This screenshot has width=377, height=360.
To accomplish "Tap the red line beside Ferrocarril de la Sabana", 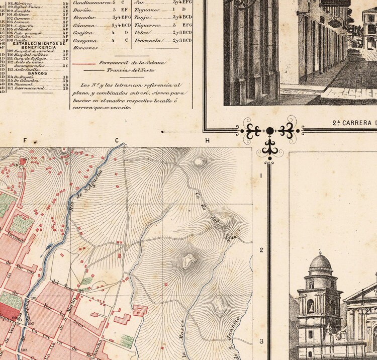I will pyautogui.click(x=83, y=64).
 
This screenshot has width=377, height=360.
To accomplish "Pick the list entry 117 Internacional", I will pyautogui.click(x=31, y=89).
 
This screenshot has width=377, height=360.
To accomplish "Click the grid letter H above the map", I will pyautogui.click(x=207, y=141).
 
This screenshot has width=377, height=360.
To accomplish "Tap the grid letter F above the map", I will pyautogui.click(x=24, y=141).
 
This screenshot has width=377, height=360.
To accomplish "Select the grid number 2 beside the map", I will pyautogui.click(x=261, y=250).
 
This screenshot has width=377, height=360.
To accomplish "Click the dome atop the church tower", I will pyautogui.click(x=321, y=262).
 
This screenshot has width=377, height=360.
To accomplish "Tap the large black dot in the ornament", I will pyautogui.click(x=270, y=131).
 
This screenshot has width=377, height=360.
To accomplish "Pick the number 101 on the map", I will pyautogui.click(x=34, y=298).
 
